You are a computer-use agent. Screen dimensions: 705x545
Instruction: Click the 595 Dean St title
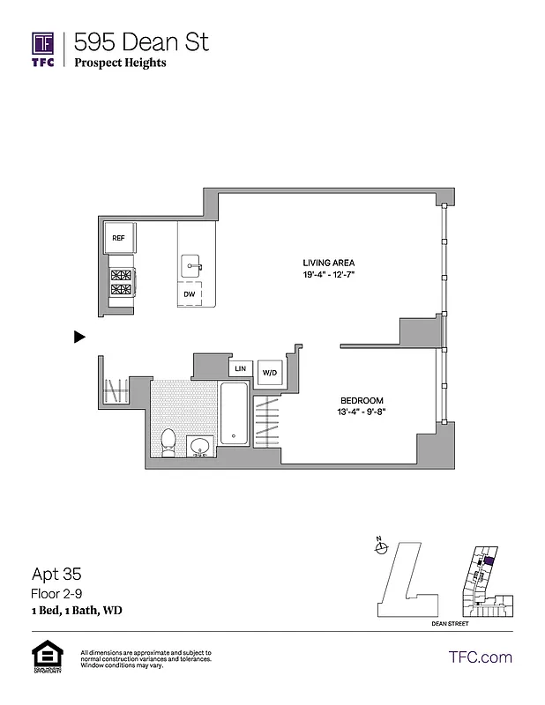pyautogui.click(x=141, y=41)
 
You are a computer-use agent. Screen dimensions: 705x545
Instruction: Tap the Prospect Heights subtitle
pyautogui.click(x=120, y=63)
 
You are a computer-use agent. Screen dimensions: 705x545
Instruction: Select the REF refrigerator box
pyautogui.click(x=118, y=238)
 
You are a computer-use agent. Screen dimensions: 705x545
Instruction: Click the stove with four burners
pyautogui.click(x=120, y=284)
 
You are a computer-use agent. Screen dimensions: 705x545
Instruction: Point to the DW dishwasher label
pyautogui.click(x=189, y=294)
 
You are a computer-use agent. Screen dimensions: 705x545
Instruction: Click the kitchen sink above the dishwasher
pyautogui.click(x=191, y=264)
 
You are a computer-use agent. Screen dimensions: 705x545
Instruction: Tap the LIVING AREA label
pyautogui.click(x=328, y=263)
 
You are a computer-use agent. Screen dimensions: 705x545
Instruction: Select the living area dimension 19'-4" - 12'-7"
pyautogui.click(x=328, y=275)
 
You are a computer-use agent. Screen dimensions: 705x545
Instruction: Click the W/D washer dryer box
pyautogui.click(x=269, y=373)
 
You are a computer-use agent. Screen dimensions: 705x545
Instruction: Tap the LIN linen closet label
pyautogui.click(x=240, y=368)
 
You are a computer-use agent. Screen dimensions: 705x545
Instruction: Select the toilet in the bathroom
pyautogui.click(x=169, y=442)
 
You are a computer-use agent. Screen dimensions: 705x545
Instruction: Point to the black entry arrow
pyautogui.click(x=79, y=336)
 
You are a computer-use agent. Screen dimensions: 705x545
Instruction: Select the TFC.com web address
pyautogui.click(x=480, y=657)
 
